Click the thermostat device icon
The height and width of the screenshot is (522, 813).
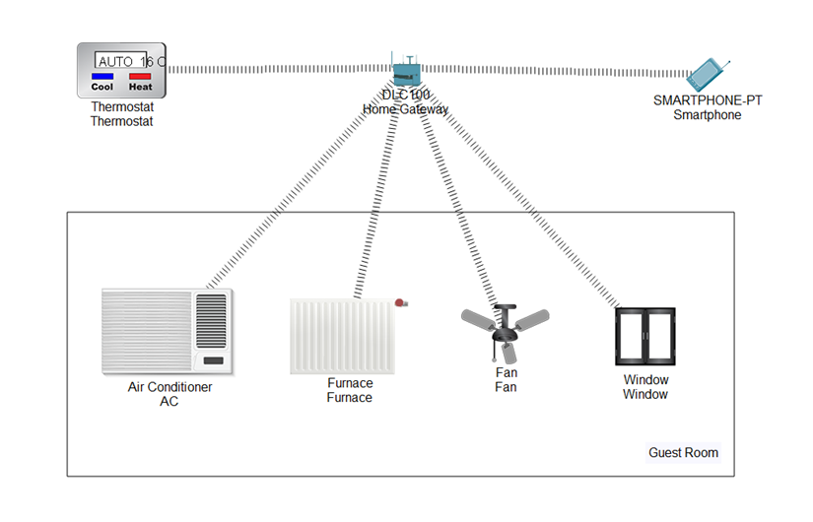pyautogui.click(x=121, y=70)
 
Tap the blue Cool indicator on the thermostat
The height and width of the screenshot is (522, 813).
pyautogui.click(x=102, y=76)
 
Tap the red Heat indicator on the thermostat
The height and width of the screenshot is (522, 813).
pyautogui.click(x=140, y=76)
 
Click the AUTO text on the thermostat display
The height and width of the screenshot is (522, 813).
pyautogui.click(x=115, y=61)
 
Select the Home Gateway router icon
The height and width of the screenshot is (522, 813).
pyautogui.click(x=405, y=71)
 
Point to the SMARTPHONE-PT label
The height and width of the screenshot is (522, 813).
pyautogui.click(x=707, y=100)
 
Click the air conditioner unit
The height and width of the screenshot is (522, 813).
pyautogui.click(x=168, y=331)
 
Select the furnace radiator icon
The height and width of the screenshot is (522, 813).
pyautogui.click(x=342, y=336)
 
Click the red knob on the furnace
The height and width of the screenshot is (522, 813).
pyautogui.click(x=400, y=303)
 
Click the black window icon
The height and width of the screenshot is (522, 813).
pyautogui.click(x=644, y=337)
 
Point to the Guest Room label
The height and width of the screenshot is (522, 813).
pyautogui.click(x=683, y=453)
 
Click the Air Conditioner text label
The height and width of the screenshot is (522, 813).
pyautogui.click(x=169, y=387)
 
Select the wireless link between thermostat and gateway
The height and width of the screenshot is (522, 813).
pyautogui.click(x=276, y=69)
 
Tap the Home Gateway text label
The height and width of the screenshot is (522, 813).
pyautogui.click(x=405, y=109)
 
